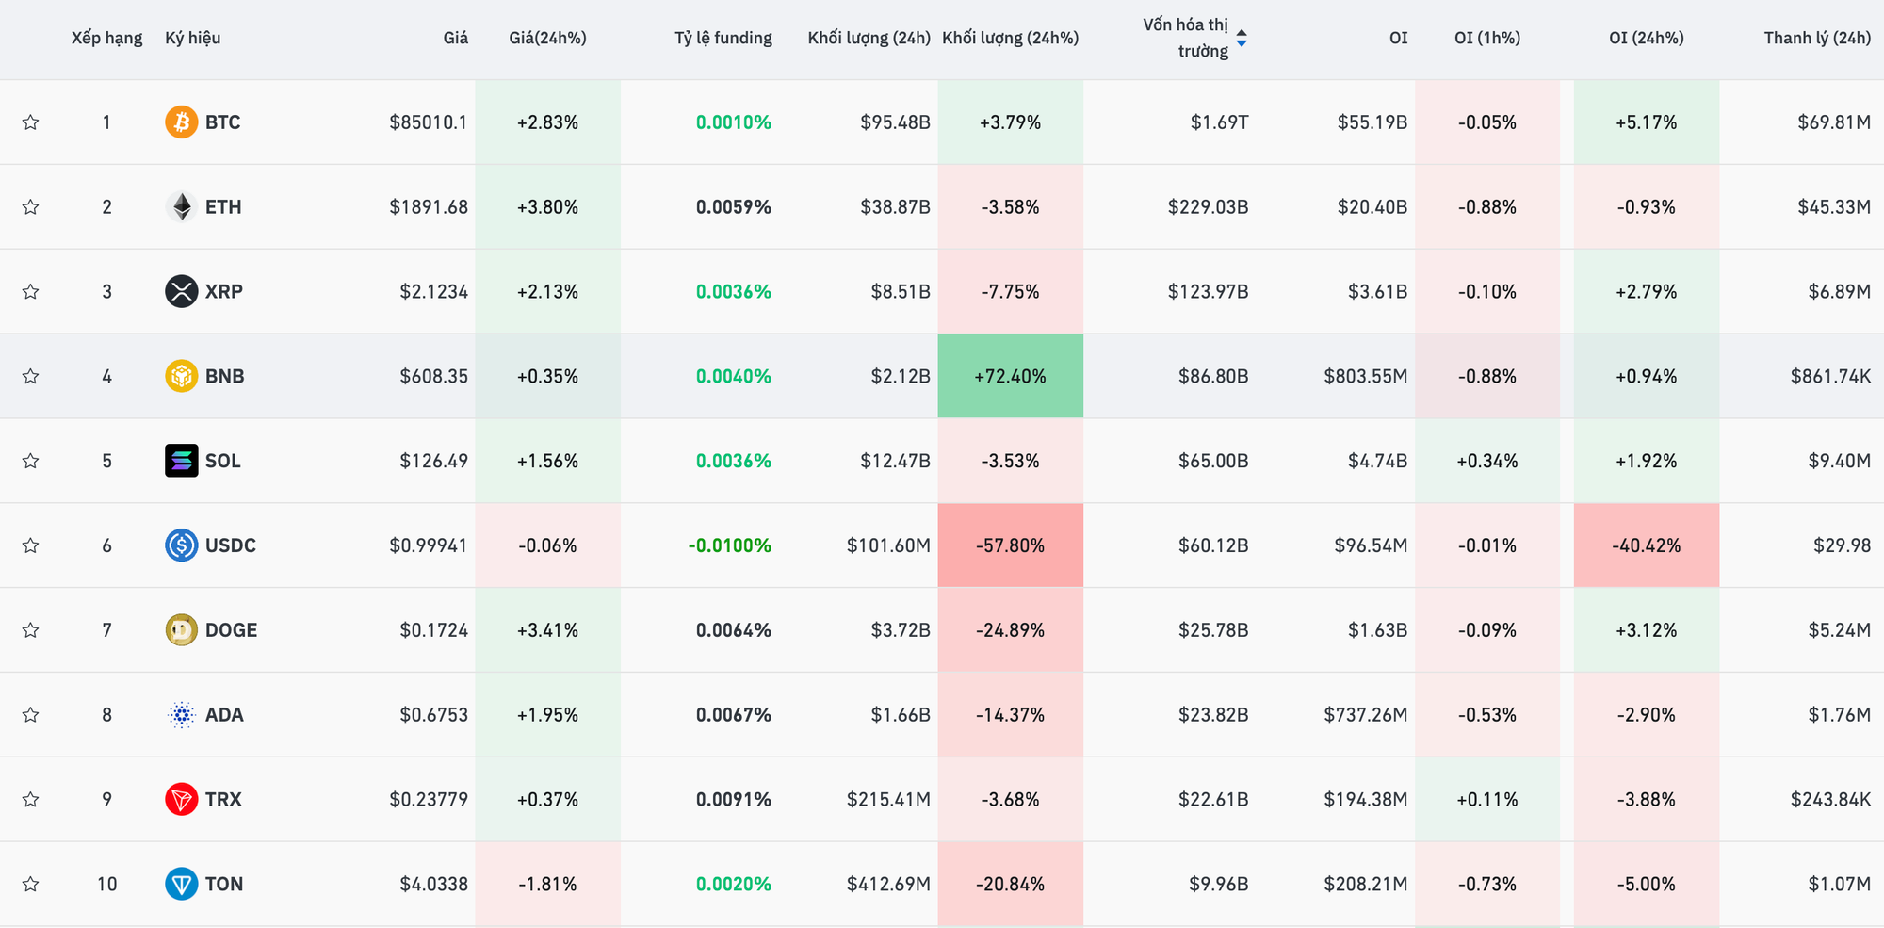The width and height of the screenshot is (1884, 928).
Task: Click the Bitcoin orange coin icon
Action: (x=181, y=122)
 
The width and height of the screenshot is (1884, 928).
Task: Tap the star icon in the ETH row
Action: (x=31, y=207)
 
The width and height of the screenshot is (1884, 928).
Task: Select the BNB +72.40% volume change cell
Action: (x=1010, y=376)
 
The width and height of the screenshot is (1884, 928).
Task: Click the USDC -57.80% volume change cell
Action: (x=1010, y=545)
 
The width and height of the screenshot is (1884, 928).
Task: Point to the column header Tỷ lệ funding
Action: (x=723, y=38)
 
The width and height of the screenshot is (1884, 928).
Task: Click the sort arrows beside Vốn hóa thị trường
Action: (x=1242, y=38)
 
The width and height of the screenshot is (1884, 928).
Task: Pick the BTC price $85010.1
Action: (x=428, y=122)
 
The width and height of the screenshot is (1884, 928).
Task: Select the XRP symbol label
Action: (x=224, y=292)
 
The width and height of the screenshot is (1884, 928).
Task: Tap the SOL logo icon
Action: (x=181, y=461)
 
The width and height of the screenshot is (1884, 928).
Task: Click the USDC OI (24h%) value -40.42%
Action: (x=1646, y=545)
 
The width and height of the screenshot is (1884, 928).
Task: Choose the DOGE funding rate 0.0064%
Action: (x=733, y=630)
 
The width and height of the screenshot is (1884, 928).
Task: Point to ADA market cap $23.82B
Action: (x=1212, y=715)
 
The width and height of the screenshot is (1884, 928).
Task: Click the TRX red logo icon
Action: (x=181, y=799)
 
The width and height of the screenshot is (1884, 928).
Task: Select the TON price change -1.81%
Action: (x=547, y=884)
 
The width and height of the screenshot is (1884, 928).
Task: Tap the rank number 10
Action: (x=107, y=884)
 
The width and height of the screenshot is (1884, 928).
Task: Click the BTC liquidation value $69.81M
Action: (x=1833, y=122)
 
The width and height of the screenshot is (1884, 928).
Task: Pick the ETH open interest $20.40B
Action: (x=1372, y=207)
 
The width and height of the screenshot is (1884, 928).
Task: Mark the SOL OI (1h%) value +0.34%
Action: (x=1486, y=461)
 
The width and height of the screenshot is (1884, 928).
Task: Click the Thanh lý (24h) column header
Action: (x=1816, y=38)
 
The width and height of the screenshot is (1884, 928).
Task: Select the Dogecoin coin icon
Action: (x=181, y=630)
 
